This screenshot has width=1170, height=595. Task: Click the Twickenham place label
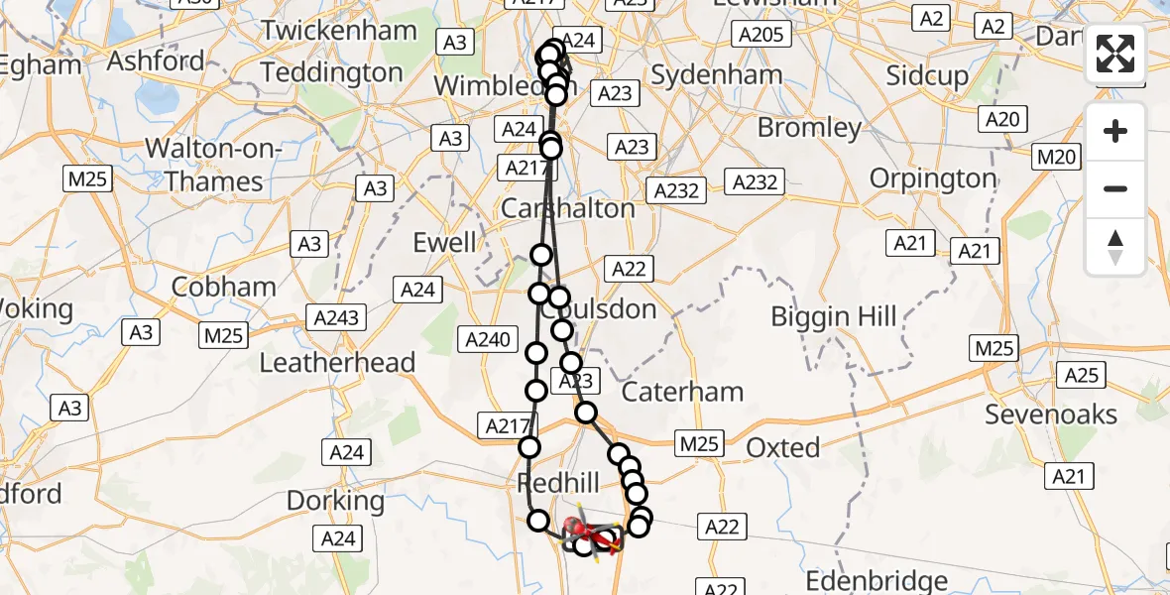339,31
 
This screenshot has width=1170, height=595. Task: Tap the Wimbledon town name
490,85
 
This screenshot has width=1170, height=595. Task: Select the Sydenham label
717,74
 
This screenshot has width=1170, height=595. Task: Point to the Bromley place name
809,128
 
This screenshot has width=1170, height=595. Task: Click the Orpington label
933,178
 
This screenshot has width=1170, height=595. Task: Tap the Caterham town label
683,392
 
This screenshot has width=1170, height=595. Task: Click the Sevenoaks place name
1051,415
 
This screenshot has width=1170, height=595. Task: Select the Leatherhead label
337,363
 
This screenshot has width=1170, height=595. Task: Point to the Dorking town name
335,501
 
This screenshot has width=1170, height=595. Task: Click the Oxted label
782,448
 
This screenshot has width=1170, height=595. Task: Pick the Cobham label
223,287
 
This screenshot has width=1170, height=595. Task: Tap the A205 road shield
760,35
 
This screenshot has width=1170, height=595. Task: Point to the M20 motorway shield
1055,157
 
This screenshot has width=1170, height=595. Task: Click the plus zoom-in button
1115,131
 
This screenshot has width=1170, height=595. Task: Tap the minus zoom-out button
1115,188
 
